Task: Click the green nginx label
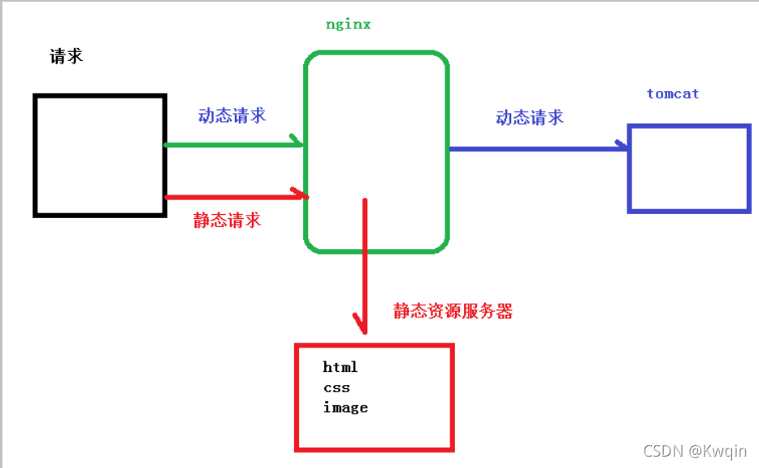(x=348, y=24)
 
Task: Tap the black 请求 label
(x=67, y=56)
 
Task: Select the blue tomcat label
(x=673, y=94)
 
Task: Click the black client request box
(x=34, y=155)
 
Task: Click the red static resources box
(x=297, y=398)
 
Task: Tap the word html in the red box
(x=340, y=367)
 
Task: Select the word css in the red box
(x=336, y=388)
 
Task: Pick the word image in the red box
(x=345, y=408)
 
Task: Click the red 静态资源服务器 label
(x=453, y=311)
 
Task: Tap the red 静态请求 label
(x=227, y=221)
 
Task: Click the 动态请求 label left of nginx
(x=232, y=116)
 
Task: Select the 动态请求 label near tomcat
(x=530, y=117)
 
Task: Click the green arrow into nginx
(x=234, y=145)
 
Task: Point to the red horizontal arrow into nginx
(x=236, y=197)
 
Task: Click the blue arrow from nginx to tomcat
(x=538, y=148)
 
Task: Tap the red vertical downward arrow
(x=365, y=266)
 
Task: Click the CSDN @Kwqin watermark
(x=695, y=451)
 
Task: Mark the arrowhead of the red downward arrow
(x=365, y=333)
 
